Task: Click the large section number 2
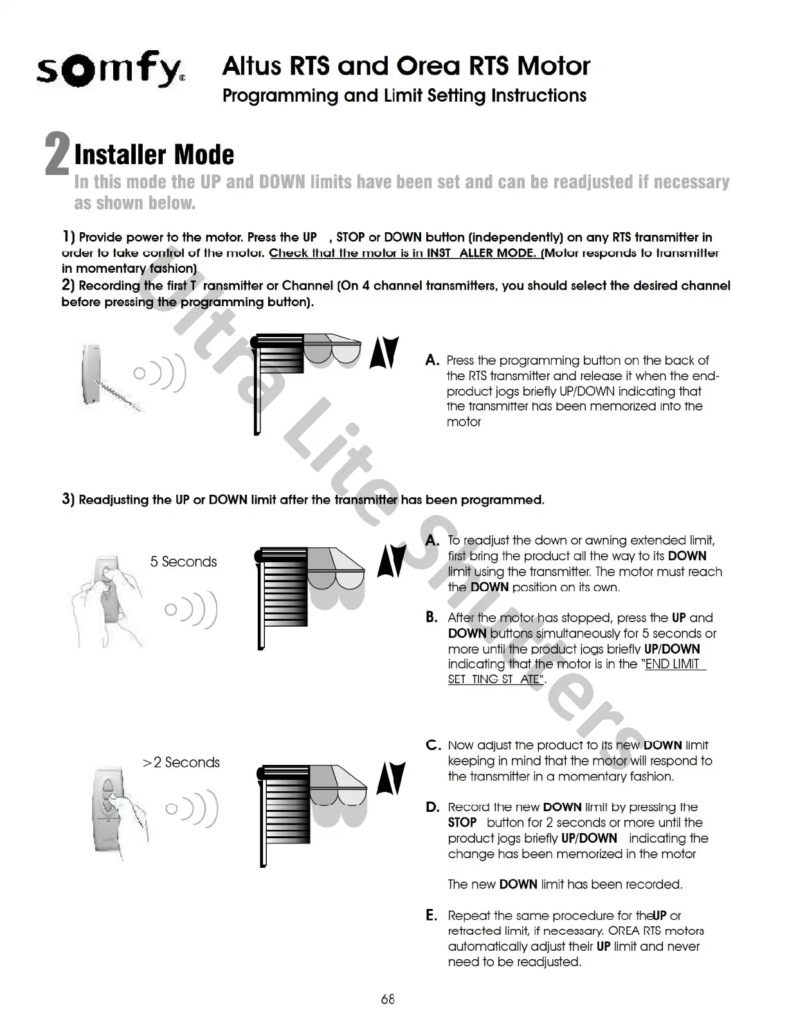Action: (57, 155)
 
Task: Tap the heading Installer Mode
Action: (154, 154)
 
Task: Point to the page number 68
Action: (388, 999)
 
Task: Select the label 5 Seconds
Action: (183, 562)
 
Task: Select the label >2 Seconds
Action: (181, 762)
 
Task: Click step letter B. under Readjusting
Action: (432, 618)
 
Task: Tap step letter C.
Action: (433, 746)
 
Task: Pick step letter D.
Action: (433, 807)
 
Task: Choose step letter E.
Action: (432, 915)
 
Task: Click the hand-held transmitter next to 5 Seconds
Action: (106, 589)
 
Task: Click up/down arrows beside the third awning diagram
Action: (392, 778)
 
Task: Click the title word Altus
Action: (251, 66)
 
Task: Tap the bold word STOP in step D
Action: (462, 823)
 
